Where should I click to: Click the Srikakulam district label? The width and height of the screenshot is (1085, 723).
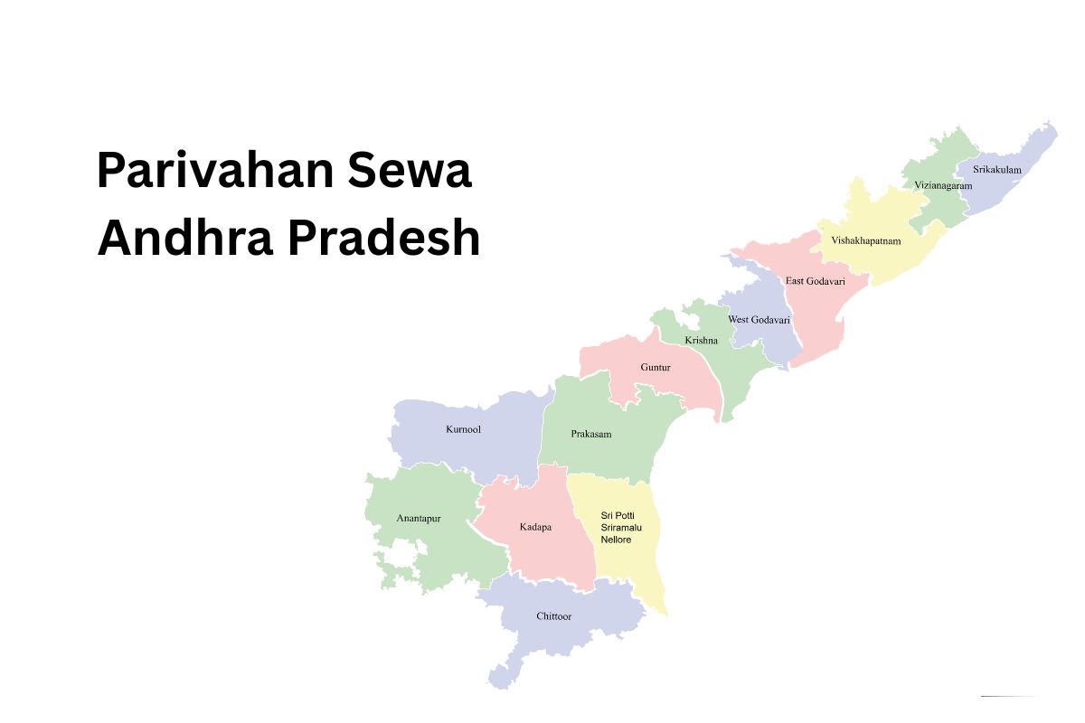tap(996, 169)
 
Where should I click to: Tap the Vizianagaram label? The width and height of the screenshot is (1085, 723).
tap(943, 185)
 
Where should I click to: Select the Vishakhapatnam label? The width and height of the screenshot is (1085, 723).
tap(865, 240)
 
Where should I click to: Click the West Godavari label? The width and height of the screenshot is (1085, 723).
tap(759, 320)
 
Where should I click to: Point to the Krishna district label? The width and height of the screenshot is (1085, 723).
tap(701, 341)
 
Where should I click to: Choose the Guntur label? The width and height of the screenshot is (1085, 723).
tap(656, 368)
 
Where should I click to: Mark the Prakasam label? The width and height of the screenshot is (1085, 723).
tap(591, 434)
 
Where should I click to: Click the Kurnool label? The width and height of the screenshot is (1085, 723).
tap(463, 429)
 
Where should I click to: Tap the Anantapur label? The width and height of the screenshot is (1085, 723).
tap(418, 519)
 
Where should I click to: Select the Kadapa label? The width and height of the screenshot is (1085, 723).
tap(535, 527)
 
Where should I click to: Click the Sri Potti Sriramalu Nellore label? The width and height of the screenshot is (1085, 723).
tap(617, 527)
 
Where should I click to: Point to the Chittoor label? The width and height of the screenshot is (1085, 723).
tap(553, 616)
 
